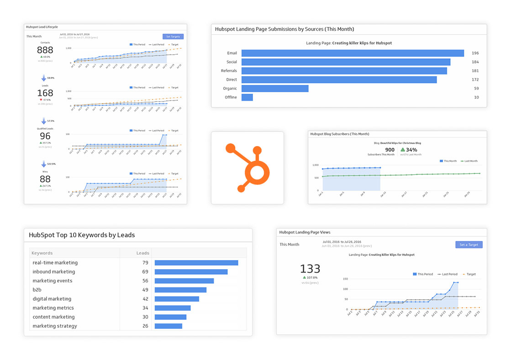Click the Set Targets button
(173, 37)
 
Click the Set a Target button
(469, 245)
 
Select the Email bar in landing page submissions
(353, 53)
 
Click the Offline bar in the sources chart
(247, 97)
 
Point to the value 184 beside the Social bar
(475, 62)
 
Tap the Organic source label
(230, 89)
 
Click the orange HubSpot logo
(247, 167)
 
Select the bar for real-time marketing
(196, 263)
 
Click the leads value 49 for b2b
(145, 290)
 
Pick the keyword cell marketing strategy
(55, 326)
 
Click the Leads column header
(142, 253)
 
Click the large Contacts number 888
(45, 50)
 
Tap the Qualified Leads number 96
(45, 136)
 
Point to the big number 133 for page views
(310, 269)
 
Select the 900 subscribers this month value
(390, 150)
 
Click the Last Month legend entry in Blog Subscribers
(470, 161)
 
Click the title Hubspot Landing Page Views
(305, 232)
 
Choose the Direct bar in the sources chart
(339, 79)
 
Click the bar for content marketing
(170, 317)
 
